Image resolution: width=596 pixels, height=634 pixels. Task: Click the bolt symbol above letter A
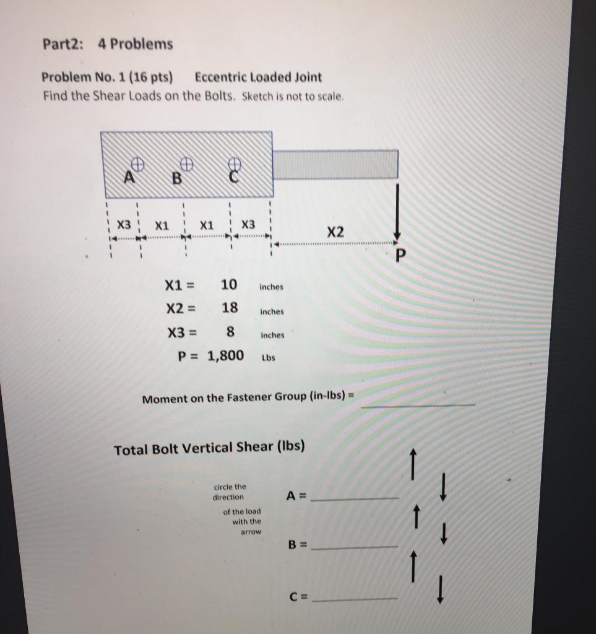pyautogui.click(x=139, y=163)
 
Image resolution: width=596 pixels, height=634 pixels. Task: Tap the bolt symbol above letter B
pyautogui.click(x=186, y=163)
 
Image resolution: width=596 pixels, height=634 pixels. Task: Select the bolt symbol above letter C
pyautogui.click(x=234, y=163)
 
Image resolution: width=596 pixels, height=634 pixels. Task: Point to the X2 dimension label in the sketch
pyautogui.click(x=335, y=232)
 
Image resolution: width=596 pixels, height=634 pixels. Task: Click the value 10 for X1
pyautogui.click(x=228, y=285)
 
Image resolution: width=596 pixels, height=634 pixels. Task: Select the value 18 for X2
pyautogui.click(x=229, y=308)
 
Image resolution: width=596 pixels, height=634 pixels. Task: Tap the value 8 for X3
pyautogui.click(x=230, y=332)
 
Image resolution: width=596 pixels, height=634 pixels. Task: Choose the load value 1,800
pyautogui.click(x=226, y=355)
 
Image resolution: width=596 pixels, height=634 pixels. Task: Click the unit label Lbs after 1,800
pyautogui.click(x=269, y=358)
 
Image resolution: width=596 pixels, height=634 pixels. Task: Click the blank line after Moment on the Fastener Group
pyautogui.click(x=418, y=404)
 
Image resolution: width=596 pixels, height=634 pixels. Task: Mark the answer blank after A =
pyautogui.click(x=355, y=498)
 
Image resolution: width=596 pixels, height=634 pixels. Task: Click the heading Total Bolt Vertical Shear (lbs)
pyautogui.click(x=209, y=448)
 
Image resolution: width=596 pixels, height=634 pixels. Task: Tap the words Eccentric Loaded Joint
pyautogui.click(x=258, y=77)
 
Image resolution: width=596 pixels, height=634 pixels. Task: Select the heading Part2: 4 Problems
pyautogui.click(x=108, y=45)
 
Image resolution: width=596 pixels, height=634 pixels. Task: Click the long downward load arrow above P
pyautogui.click(x=398, y=211)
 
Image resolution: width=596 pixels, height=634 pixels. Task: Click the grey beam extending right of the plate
pyautogui.click(x=335, y=164)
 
